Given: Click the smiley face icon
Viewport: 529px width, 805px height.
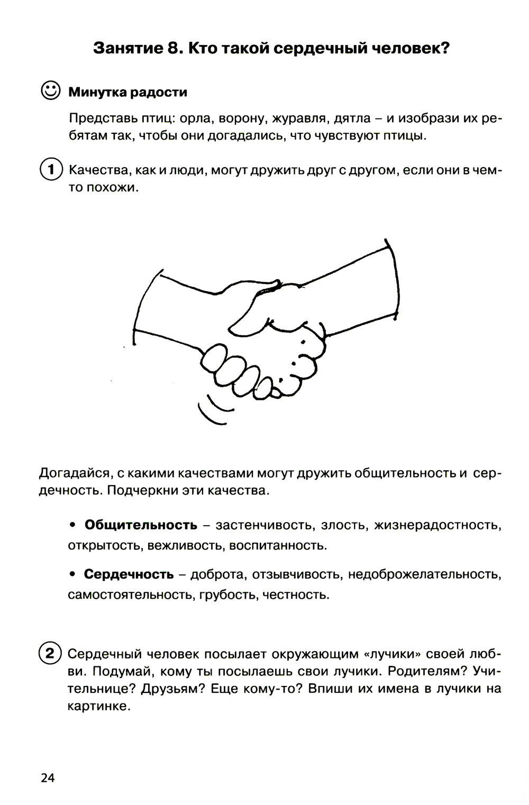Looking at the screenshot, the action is pos(50,90).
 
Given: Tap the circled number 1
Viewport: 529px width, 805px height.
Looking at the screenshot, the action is pos(51,169).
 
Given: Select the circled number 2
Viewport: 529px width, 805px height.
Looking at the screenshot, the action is pos(50,653).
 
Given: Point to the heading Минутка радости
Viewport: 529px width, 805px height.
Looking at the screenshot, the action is pos(127,93).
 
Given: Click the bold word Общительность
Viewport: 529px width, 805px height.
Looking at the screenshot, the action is pos(141,525).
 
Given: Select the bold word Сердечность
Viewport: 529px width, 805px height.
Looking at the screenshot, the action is pos(129,574).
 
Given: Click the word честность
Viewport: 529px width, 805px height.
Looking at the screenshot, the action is pos(295,595).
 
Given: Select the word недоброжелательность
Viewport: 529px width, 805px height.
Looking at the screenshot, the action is pos(424,574).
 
